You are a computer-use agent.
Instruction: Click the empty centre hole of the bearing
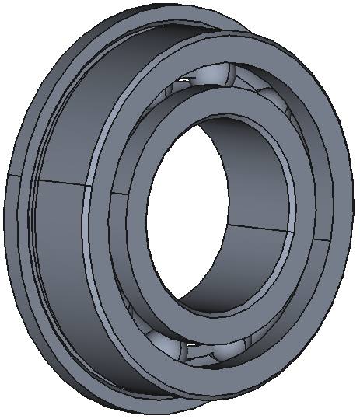225,210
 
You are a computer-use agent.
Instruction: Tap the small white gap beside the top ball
184,79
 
